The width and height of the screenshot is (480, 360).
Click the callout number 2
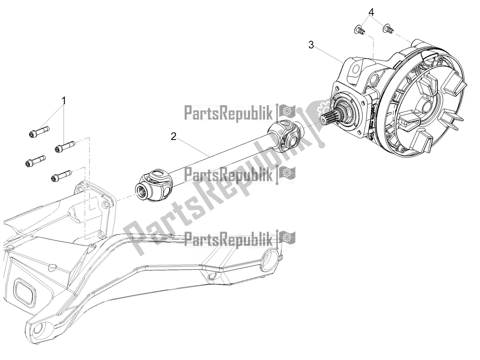(173, 137)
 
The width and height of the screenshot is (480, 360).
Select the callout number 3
(311, 45)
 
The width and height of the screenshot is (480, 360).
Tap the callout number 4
(372, 12)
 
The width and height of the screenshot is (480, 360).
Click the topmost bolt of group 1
(39, 132)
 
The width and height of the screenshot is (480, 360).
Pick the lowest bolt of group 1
(61, 176)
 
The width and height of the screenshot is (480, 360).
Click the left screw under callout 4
(359, 30)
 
